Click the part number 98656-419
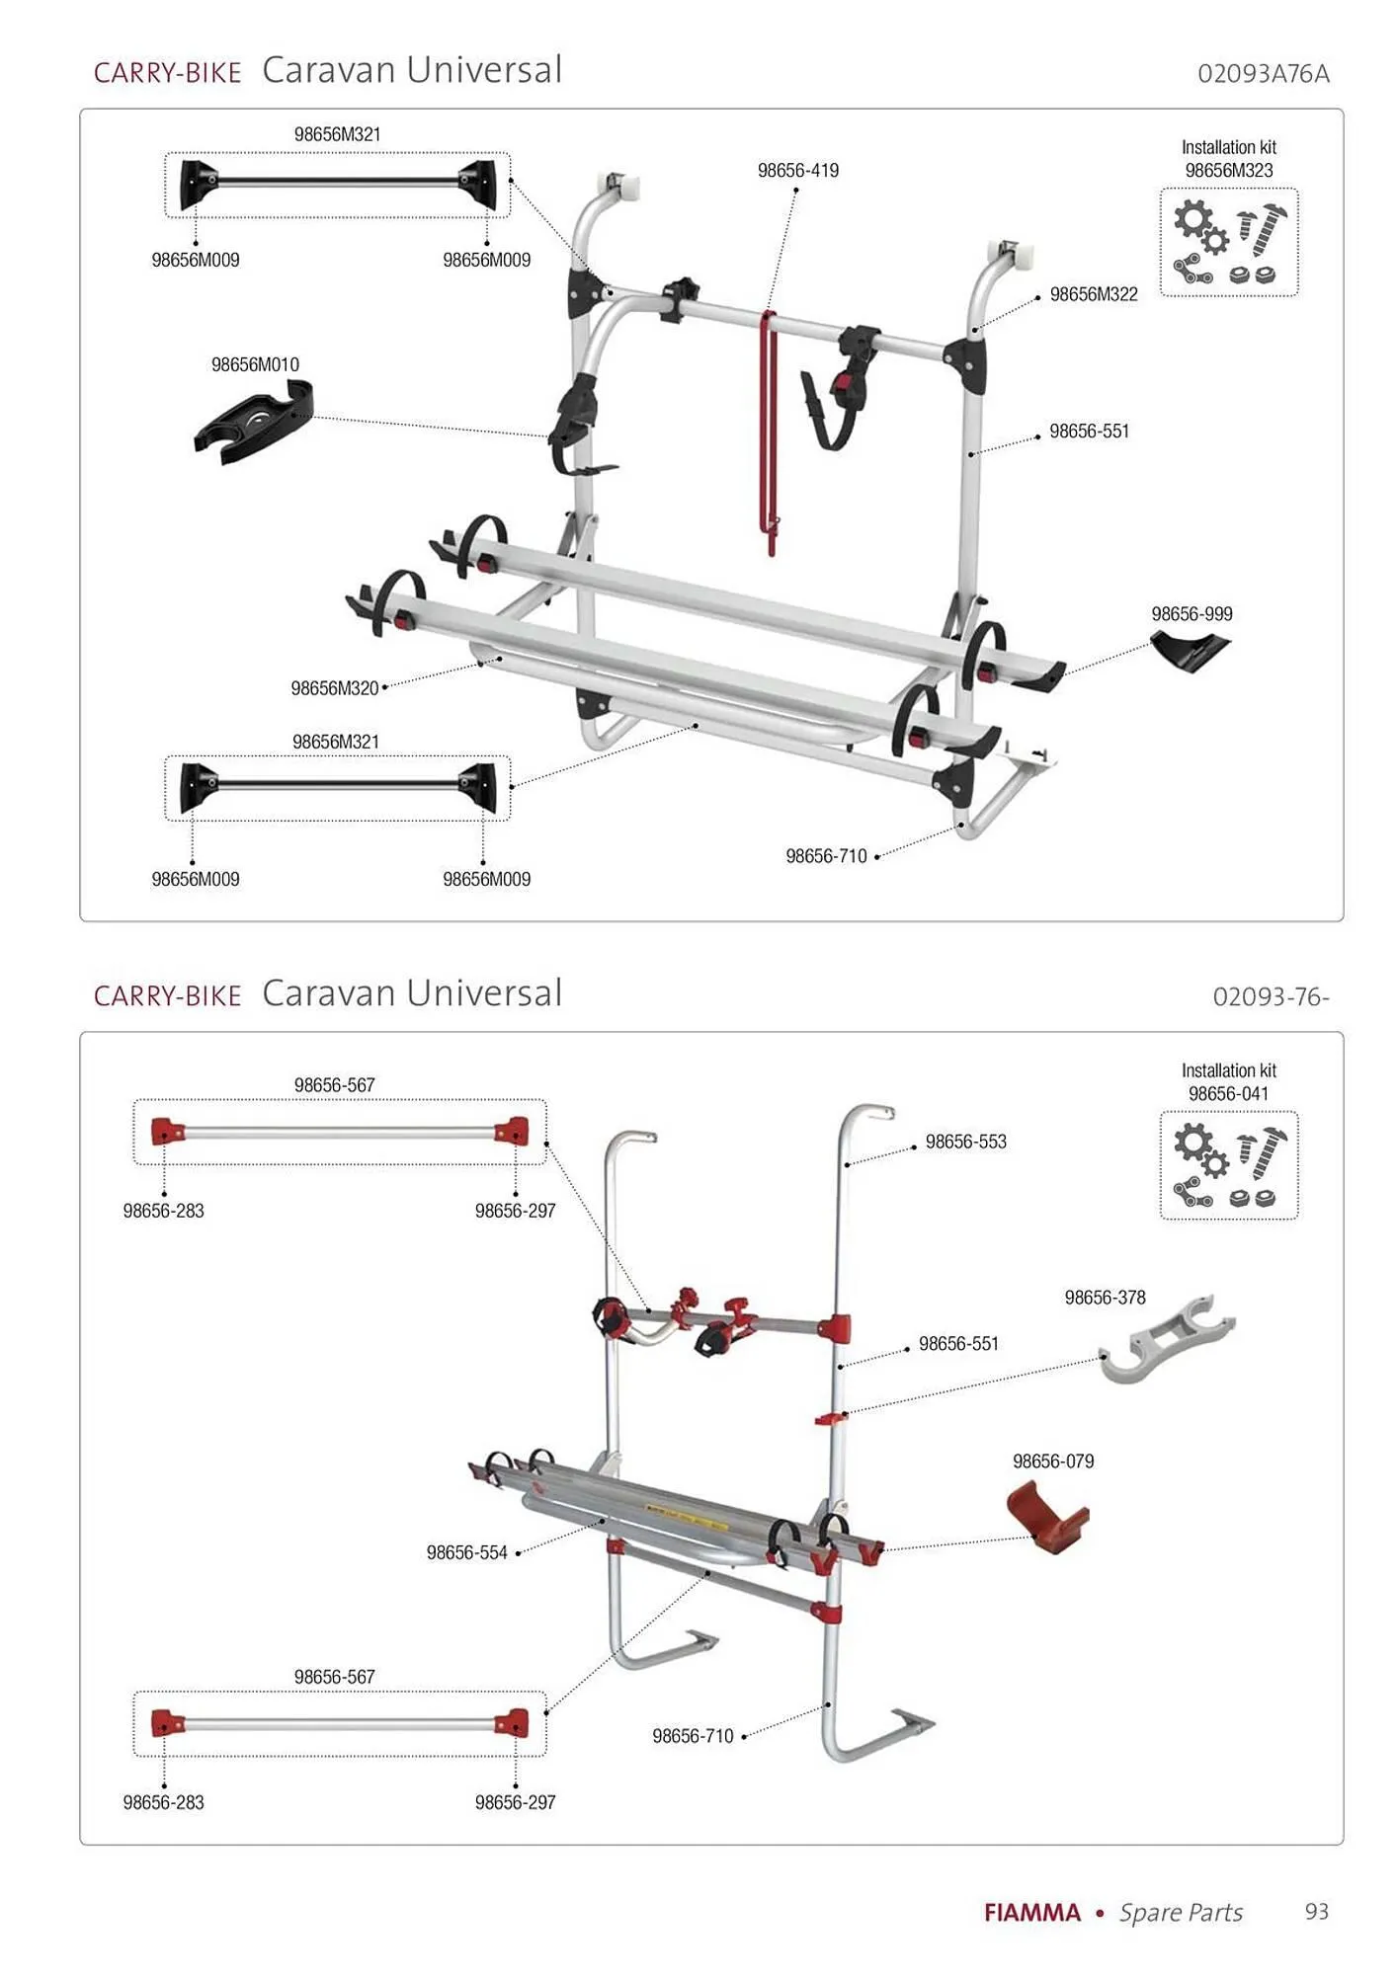point(797,171)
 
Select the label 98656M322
point(1093,294)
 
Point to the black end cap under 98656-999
point(1192,650)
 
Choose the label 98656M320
point(335,688)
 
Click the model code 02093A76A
point(1263,74)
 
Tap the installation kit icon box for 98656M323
point(1228,243)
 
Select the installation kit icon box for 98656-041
point(1228,1166)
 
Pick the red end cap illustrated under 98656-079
point(1047,1517)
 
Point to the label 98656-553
point(965,1142)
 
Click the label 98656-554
point(466,1552)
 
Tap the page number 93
point(1316,1912)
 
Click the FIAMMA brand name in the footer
point(1031,1913)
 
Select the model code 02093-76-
point(1271,997)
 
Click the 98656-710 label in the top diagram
point(826,856)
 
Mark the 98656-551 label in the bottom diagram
point(958,1343)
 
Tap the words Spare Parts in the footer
point(1181,1913)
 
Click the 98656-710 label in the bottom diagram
point(693,1736)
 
